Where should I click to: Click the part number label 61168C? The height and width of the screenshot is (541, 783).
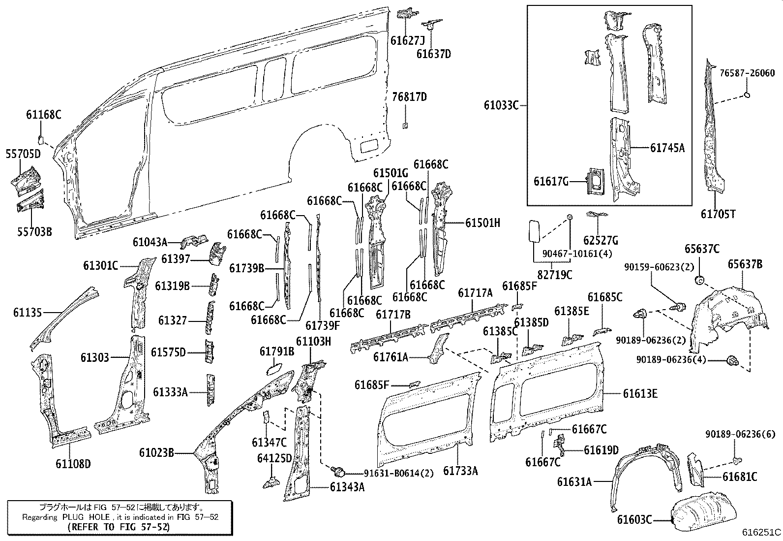click(43, 115)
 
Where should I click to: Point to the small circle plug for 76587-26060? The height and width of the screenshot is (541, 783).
click(747, 95)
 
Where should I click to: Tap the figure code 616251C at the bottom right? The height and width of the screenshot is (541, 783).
click(761, 533)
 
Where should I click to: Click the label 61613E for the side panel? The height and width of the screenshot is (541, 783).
click(640, 393)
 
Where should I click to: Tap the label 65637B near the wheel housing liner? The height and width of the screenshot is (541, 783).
click(745, 264)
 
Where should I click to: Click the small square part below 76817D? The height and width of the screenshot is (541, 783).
click(405, 126)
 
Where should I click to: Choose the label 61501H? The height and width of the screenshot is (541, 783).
click(482, 223)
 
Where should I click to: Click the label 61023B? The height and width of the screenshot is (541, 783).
click(156, 452)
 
